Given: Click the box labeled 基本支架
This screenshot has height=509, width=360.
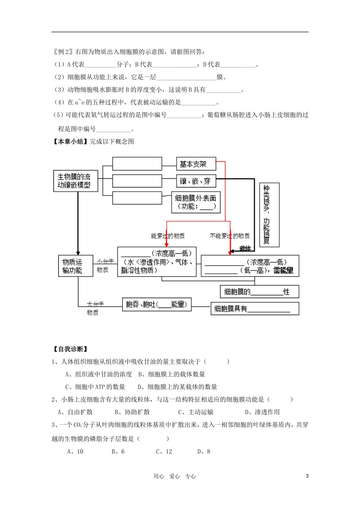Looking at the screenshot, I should click(x=196, y=164).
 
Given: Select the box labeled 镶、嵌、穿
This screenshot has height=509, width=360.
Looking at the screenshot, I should click(x=196, y=181).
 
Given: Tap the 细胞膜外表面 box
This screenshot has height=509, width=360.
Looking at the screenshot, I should click(x=196, y=202).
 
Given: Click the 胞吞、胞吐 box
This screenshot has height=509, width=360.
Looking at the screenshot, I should click(x=157, y=304).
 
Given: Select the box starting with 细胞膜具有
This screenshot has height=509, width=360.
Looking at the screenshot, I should click(x=254, y=309).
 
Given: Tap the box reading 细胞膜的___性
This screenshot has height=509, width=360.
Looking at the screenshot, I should click(x=259, y=292).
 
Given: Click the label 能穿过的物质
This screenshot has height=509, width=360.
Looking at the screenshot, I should click(x=167, y=236).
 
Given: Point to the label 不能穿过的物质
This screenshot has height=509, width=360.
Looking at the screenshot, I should click(x=230, y=236).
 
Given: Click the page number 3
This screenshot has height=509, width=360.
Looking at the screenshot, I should click(x=307, y=476).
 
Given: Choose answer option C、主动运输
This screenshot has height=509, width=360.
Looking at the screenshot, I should click(x=196, y=412).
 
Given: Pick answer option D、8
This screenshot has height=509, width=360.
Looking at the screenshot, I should click(x=203, y=451).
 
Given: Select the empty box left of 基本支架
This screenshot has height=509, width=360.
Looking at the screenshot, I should click(x=137, y=164).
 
